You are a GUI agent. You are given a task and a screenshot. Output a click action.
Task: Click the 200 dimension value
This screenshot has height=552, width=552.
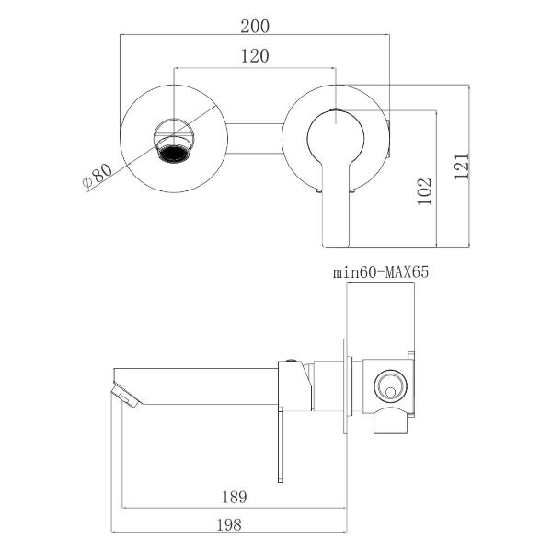point(255,27)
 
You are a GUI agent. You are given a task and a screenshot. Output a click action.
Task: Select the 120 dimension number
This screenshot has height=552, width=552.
point(255,56)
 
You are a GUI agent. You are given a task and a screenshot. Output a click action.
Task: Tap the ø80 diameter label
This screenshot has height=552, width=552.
point(98,176)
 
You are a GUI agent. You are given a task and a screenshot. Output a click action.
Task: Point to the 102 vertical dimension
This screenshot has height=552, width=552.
point(424,190)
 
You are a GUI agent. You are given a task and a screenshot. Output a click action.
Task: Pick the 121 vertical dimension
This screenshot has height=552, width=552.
point(462,167)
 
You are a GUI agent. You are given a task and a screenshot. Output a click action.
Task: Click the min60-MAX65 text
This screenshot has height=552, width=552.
point(381,272)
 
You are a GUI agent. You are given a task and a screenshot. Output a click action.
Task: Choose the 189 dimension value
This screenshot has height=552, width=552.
point(234,497)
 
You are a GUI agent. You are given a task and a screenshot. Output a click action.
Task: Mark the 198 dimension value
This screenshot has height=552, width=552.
point(229,525)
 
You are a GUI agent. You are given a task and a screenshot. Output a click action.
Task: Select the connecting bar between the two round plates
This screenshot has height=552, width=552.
point(255,139)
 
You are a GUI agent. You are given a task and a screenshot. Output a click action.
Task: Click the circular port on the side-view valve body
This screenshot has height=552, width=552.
point(390,385)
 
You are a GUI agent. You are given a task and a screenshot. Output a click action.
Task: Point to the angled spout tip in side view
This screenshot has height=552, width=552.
point(126,397)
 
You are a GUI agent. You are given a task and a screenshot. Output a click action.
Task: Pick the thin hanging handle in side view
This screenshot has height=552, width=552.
point(281,445)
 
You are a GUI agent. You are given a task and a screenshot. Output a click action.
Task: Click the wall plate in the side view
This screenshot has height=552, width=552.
point(345,386)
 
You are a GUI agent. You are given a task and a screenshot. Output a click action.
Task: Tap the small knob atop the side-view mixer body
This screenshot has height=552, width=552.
point(291,360)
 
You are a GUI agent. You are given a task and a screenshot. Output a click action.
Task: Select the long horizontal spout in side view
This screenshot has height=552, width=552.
point(196,386)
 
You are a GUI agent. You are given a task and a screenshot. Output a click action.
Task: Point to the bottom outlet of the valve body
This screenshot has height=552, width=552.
point(390,421)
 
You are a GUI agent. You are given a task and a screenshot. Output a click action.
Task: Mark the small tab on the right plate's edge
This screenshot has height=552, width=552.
point(388,139)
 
